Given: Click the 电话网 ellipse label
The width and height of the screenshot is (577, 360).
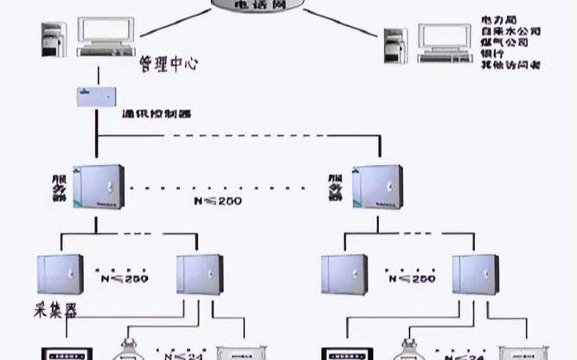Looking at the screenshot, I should (x=259, y=4).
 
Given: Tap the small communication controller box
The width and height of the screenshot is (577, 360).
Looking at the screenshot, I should (x=96, y=96).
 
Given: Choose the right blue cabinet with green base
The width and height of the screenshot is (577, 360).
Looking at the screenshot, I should (x=376, y=187).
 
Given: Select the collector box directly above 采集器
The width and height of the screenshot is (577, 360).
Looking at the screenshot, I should (x=60, y=275).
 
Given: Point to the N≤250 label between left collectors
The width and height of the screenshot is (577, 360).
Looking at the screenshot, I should (x=125, y=278).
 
